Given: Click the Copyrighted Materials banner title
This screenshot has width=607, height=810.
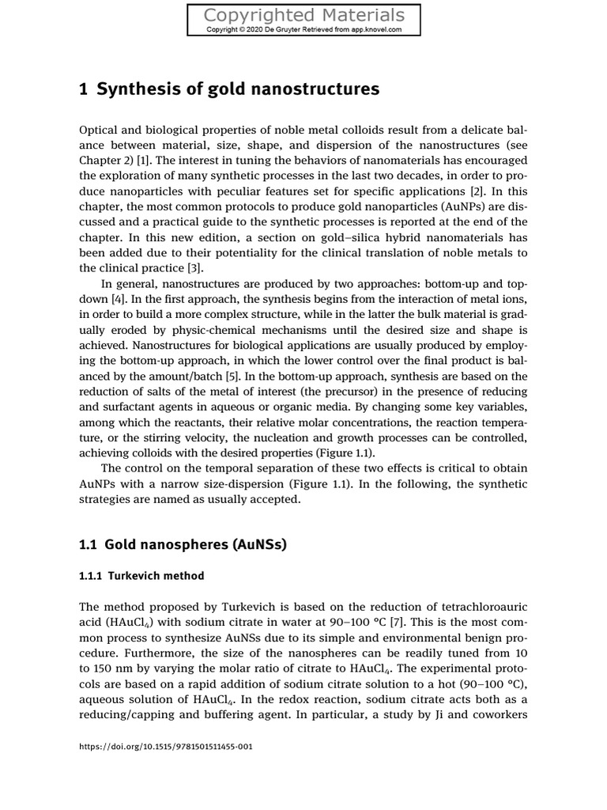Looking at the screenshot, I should (x=303, y=15).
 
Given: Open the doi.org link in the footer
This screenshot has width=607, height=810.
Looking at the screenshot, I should (x=166, y=746).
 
